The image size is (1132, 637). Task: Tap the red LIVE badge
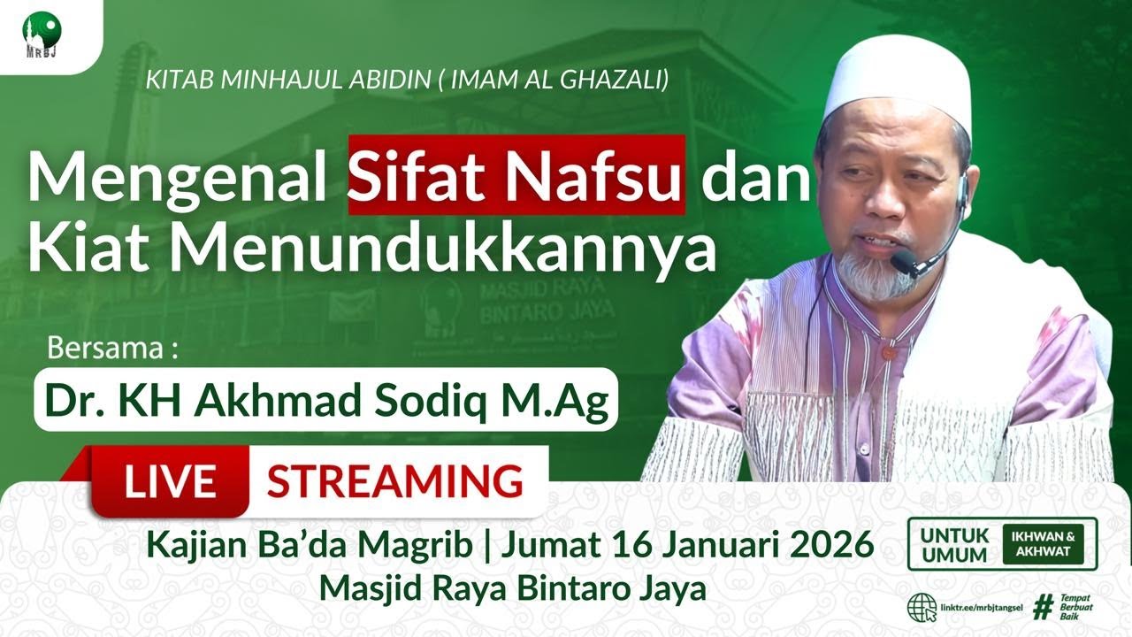[170, 481]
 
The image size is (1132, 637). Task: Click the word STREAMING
[394, 481]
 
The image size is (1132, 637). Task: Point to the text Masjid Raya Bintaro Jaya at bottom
[513, 587]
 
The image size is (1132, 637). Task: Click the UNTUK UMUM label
[953, 544]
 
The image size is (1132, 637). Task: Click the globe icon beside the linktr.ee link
[922, 608]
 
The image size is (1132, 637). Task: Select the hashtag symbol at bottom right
[1044, 608]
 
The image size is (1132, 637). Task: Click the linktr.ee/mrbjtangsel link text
[983, 609]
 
